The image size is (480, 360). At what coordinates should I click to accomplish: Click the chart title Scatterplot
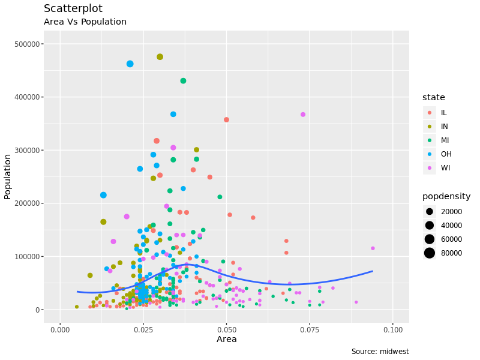coord(73,9)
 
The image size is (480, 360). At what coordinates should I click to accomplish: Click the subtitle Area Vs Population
coord(85,22)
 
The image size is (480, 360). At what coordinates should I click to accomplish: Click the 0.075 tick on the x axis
coord(310,331)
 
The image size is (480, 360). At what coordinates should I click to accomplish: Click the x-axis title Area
coord(227,340)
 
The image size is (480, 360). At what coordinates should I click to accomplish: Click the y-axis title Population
coord(8,176)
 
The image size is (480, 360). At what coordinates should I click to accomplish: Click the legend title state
coord(434,97)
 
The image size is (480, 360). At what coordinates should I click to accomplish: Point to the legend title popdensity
coord(446,197)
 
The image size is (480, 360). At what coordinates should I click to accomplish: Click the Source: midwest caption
coord(380,352)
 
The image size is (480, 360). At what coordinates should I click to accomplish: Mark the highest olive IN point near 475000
coord(160,57)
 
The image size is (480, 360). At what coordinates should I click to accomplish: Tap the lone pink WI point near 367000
coord(303,115)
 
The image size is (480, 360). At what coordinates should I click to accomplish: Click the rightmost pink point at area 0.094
coord(373,248)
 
